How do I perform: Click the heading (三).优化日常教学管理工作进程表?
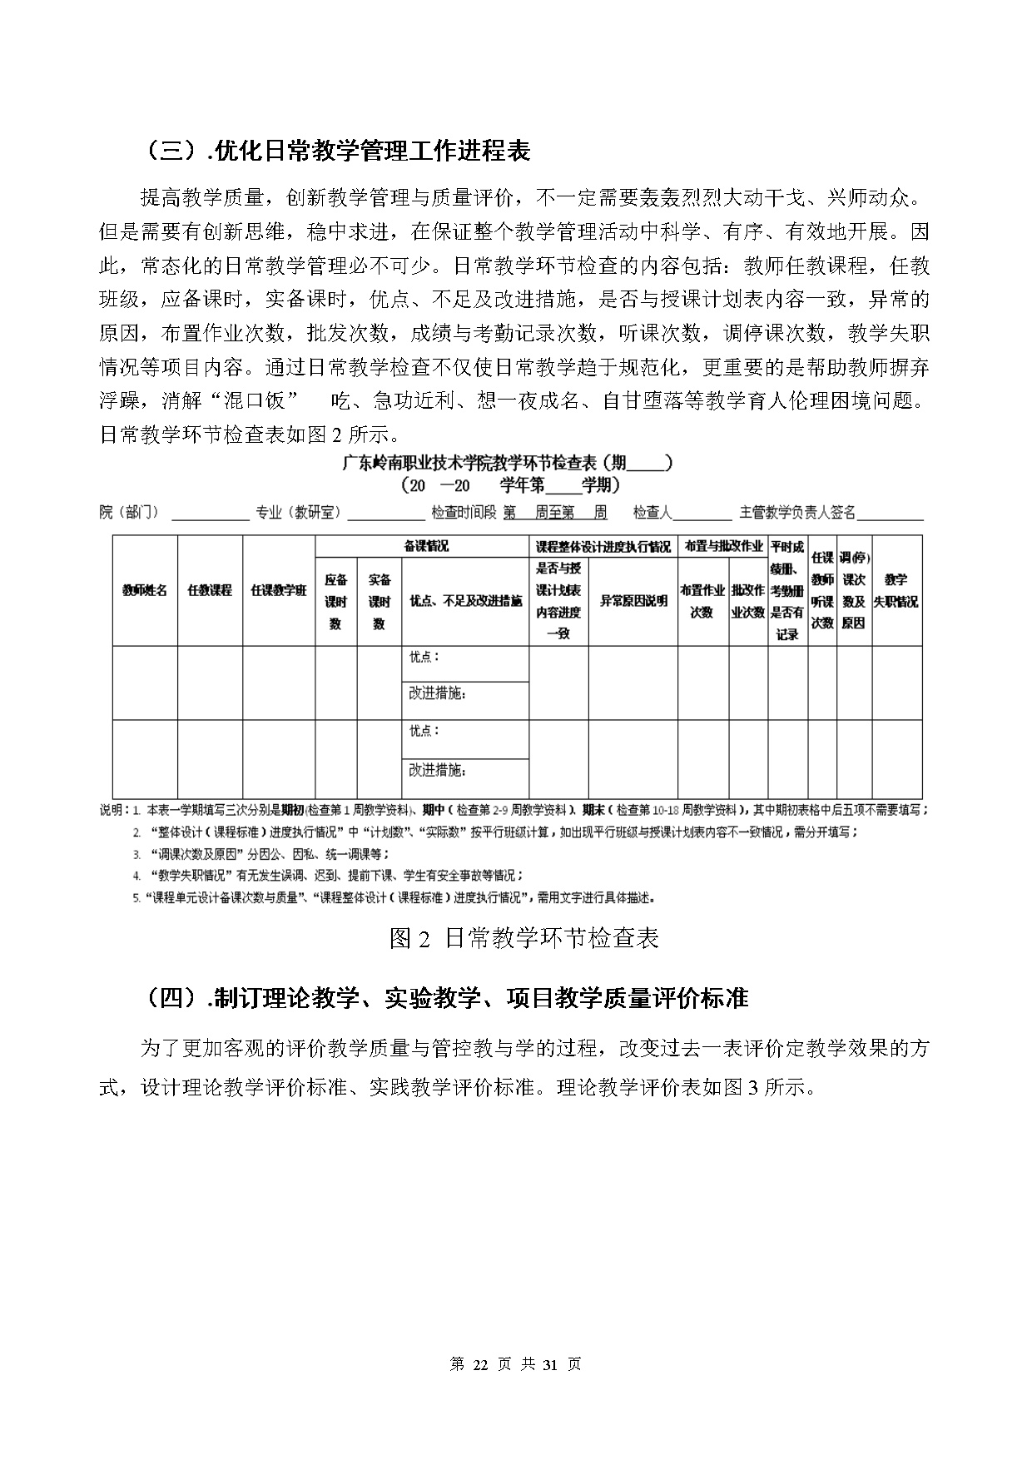337,151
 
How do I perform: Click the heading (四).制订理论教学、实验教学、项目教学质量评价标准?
444,997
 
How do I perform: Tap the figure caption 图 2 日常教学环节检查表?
523,938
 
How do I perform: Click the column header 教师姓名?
145,590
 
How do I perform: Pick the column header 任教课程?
210,590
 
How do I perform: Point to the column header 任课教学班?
279,590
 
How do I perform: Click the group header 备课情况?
422,546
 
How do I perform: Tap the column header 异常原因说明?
633,601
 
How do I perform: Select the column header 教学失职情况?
896,590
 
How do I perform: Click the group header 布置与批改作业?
722,546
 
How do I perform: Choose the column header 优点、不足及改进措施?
465,601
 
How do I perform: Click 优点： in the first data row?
424,657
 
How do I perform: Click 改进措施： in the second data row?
437,770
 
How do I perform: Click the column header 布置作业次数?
702,601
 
